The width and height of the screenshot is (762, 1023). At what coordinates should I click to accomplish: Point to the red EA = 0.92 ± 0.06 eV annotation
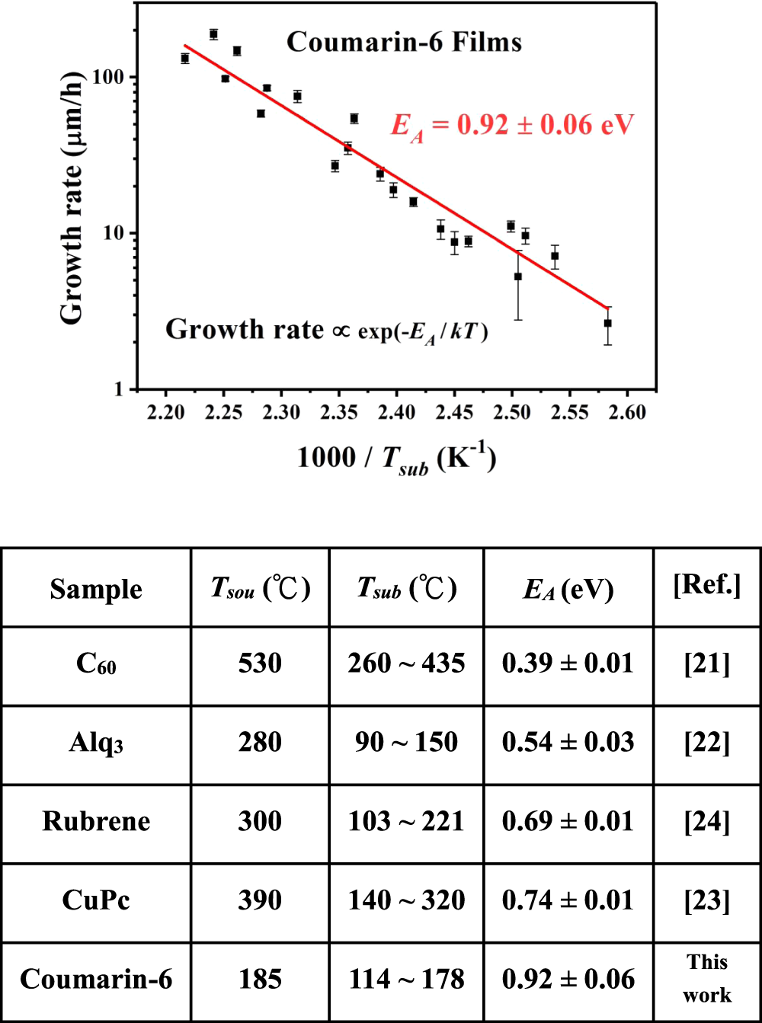click(512, 125)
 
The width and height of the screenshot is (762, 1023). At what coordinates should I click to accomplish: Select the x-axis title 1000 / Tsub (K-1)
click(396, 459)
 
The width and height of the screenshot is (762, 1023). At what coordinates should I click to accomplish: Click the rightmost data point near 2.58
click(607, 323)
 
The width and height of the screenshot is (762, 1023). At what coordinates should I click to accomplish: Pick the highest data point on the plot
click(213, 34)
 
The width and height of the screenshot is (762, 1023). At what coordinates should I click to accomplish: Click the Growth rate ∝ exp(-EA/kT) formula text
click(327, 330)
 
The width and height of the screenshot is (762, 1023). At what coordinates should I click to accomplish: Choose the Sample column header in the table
click(96, 590)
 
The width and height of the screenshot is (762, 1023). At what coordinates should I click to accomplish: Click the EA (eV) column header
click(568, 590)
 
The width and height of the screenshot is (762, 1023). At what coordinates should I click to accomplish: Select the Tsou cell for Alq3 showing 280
click(260, 743)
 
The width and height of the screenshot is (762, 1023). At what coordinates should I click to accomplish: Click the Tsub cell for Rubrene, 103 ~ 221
click(406, 821)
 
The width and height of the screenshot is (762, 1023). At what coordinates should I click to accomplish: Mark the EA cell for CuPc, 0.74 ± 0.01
click(568, 900)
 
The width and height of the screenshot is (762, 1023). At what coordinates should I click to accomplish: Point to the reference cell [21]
click(707, 664)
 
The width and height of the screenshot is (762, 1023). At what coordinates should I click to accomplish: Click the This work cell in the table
click(707, 979)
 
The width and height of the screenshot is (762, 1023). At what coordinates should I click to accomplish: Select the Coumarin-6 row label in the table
click(96, 980)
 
